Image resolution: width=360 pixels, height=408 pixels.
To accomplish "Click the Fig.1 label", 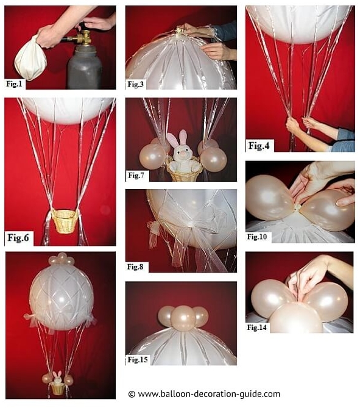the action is coord(14,84).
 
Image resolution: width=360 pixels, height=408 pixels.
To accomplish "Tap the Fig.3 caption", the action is coord(135,84).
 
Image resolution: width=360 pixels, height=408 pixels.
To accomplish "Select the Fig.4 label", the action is coord(259,146).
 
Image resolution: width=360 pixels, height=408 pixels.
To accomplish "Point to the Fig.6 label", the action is coord(18,238).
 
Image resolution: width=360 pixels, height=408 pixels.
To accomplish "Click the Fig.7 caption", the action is coord(136,176).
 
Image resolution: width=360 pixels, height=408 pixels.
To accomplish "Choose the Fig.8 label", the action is coord(135,267).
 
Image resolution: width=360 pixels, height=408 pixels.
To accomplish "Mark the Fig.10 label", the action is coord(257,237).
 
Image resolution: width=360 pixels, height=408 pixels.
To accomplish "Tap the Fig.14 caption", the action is coord(257,327).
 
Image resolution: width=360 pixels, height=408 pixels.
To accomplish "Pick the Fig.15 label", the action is coord(138,360).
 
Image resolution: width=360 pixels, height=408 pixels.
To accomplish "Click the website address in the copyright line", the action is coord(209,394).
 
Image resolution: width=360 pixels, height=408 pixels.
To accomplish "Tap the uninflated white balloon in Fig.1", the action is coord(30,59).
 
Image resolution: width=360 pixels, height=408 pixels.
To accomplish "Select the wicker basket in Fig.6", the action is coord(64,221).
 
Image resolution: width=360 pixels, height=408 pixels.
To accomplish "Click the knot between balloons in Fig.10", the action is coord(298,207).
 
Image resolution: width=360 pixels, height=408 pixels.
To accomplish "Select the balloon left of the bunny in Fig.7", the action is coord(152,156).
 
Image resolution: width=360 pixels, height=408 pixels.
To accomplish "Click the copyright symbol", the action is coord(132,394).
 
